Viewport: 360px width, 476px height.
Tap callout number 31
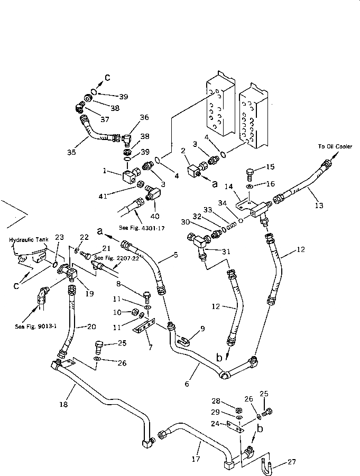[x=226, y=251]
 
